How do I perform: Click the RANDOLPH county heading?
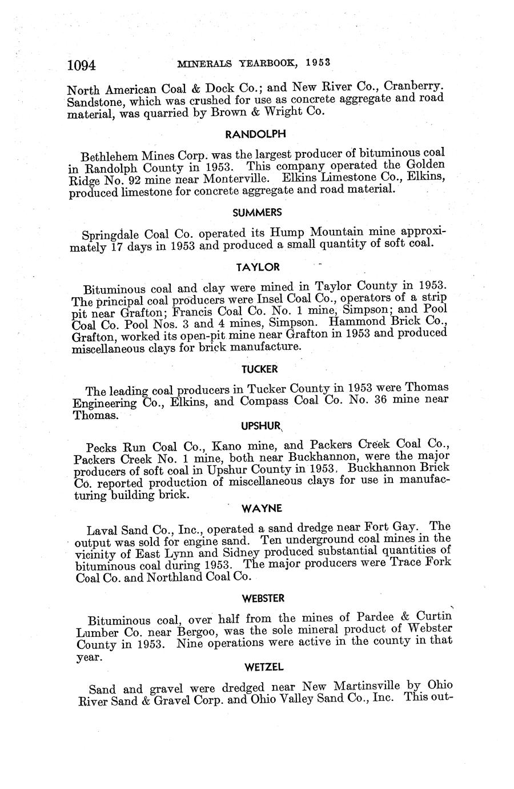[255, 134]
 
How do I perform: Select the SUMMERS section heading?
[257, 212]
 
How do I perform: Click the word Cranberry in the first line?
[413, 87]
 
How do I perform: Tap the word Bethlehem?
[110, 156]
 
